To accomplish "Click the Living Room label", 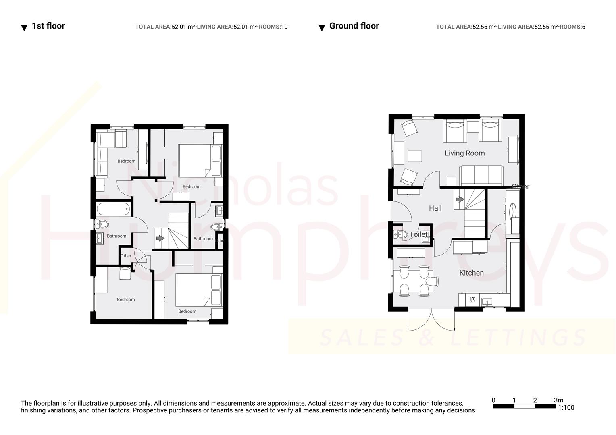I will click(464, 153).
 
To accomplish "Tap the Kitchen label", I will click(471, 273).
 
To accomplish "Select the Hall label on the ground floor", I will click(435, 208).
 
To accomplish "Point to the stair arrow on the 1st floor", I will click(160, 238).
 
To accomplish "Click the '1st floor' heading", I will click(48, 26).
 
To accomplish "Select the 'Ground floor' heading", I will click(354, 26).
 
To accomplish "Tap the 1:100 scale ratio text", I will click(566, 408).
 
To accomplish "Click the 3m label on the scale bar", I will click(558, 400).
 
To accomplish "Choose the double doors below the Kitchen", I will click(431, 320).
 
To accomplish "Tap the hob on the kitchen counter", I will click(472, 300).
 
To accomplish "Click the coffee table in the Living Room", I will click(415, 156).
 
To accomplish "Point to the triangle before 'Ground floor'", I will click(322, 28).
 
